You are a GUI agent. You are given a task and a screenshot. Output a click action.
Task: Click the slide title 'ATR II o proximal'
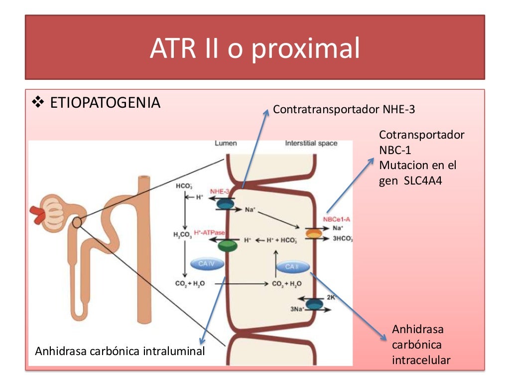tap(255, 48)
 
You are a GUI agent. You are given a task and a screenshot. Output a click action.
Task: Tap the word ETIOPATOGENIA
tap(106, 103)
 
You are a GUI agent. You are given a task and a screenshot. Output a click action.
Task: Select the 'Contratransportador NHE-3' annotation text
tap(344, 109)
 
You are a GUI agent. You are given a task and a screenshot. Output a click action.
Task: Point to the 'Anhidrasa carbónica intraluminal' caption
tap(120, 351)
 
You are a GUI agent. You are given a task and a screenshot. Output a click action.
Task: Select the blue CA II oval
tap(292, 267)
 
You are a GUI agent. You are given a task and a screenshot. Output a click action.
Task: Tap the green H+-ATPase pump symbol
tap(228, 244)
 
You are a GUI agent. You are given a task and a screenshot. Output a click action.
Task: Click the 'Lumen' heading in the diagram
tap(226, 143)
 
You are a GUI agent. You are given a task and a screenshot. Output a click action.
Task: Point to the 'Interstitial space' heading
tap(311, 143)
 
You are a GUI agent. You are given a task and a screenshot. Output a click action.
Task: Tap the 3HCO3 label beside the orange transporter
tap(343, 239)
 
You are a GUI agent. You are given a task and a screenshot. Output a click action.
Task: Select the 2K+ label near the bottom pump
tap(331, 297)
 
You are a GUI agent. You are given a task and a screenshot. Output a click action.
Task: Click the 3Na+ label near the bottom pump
tap(297, 309)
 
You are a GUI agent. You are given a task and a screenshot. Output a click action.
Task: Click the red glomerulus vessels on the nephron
tap(37, 213)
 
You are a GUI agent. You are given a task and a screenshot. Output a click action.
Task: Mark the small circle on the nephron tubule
tap(77, 222)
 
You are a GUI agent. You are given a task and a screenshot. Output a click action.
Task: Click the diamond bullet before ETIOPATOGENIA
tap(38, 103)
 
